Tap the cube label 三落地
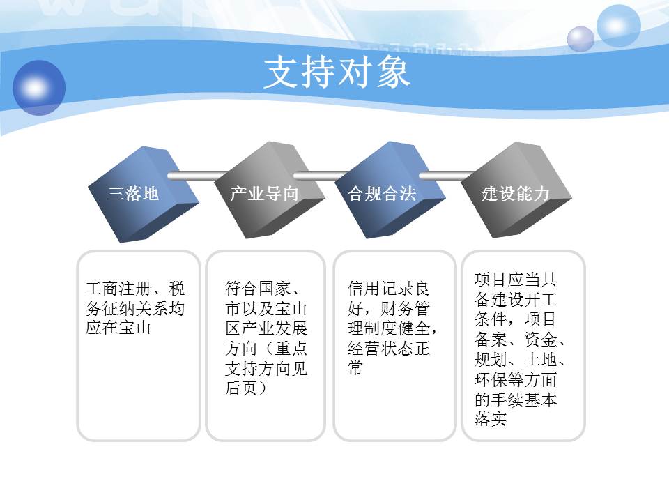pos(133,194)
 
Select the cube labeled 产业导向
pos(269,190)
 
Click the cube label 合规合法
pos(382,194)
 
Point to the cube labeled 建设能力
pos(516,190)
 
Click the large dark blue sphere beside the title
pos(39,88)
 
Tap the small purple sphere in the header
pos(580,39)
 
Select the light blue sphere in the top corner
pos(618,26)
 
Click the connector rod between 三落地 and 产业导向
pos(197,176)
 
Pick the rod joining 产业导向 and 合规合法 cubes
pos(321,176)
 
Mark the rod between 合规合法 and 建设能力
pos(446,176)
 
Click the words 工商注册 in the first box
pos(118,289)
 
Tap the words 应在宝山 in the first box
pos(118,328)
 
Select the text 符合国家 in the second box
pos(257,289)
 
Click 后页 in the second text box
pos(241,388)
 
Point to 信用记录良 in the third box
pos(388,289)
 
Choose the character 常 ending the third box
pos(355,367)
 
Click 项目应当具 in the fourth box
pos(516,280)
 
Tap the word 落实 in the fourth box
pos(491,419)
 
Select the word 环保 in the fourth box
pos(491,379)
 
